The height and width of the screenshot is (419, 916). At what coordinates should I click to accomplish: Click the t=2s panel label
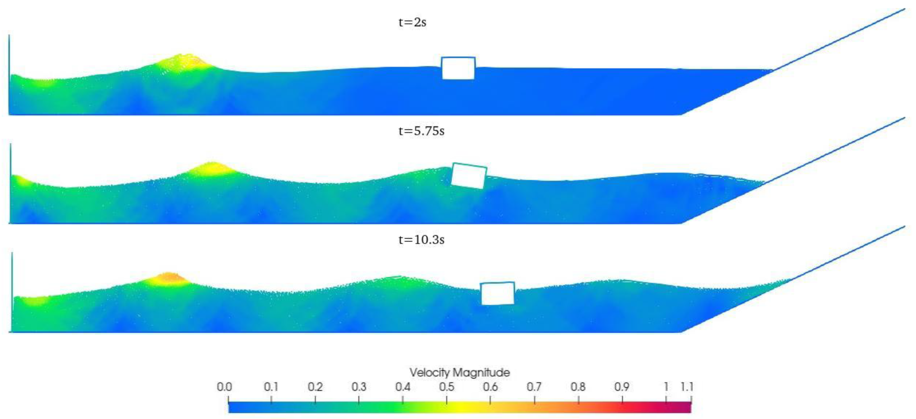pos(412,23)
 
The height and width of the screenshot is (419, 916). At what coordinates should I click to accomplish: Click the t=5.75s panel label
pos(421,131)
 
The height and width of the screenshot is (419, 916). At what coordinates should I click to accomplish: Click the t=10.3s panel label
pos(421,240)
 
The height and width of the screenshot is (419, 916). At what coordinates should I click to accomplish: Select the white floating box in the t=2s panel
pos(458,68)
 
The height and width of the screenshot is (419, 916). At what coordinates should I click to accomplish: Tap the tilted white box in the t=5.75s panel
pos(469,176)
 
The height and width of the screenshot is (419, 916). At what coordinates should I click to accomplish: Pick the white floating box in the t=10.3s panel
pos(498,293)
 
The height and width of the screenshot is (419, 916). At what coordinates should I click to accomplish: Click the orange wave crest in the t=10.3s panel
pos(169,278)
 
